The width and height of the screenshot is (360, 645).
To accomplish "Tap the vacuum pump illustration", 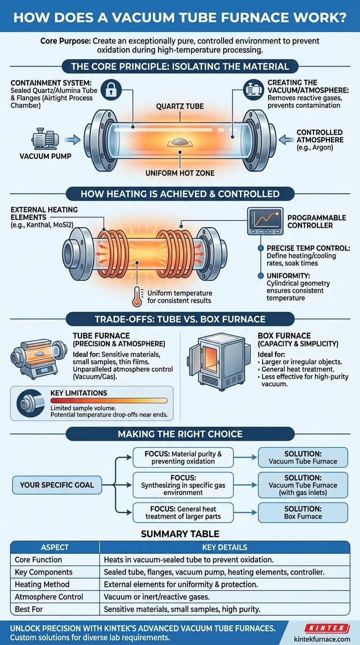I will pyautogui.click(x=45, y=140).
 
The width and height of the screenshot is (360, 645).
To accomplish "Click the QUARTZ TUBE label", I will pyautogui.click(x=180, y=106).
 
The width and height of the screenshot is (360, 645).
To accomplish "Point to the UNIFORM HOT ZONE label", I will pyautogui.click(x=180, y=173).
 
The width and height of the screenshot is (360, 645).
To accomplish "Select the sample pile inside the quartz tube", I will pyautogui.click(x=180, y=141).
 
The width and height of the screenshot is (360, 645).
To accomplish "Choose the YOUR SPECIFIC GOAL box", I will pyautogui.click(x=57, y=485).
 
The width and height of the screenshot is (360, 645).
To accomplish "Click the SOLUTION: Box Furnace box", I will pyautogui.click(x=303, y=512).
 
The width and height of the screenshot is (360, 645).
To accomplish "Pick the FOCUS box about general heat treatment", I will pyautogui.click(x=183, y=512).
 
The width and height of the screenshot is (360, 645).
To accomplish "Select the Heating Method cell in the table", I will pyautogui.click(x=42, y=585).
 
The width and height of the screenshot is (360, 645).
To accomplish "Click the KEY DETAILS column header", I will pyautogui.click(x=225, y=547).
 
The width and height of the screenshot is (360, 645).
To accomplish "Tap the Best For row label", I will pyautogui.click(x=31, y=609).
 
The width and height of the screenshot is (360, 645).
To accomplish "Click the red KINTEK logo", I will pyautogui.click(x=326, y=628).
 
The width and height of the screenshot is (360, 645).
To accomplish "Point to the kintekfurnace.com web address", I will pyautogui.click(x=322, y=638).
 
